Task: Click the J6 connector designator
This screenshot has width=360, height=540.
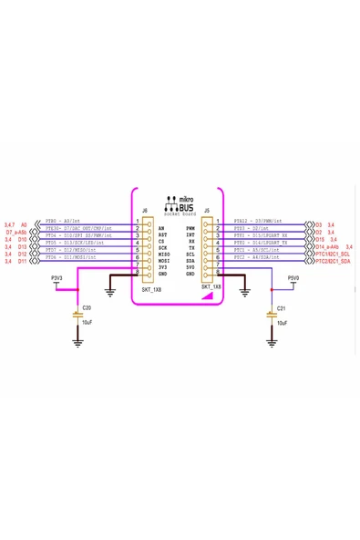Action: (145, 210)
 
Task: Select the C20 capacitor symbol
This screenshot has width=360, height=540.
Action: (77, 315)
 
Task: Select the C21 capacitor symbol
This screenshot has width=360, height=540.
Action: (271, 315)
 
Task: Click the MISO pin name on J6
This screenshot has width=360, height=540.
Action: (163, 254)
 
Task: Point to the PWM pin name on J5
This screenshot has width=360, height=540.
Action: (190, 228)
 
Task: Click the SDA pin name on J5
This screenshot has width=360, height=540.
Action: (190, 261)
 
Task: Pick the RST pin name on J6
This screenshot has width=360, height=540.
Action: (161, 234)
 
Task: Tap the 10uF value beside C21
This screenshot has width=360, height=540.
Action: (282, 323)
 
